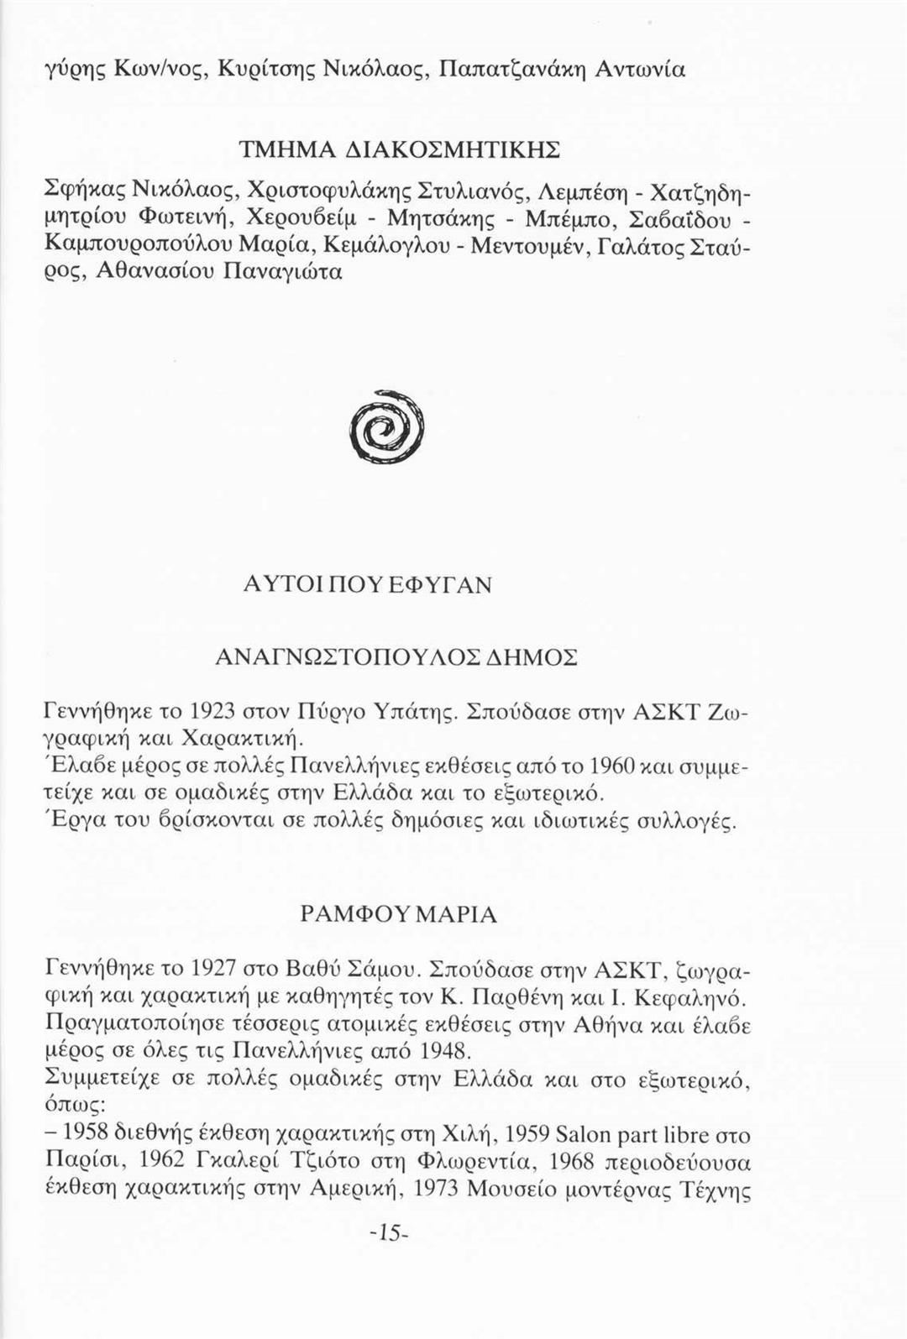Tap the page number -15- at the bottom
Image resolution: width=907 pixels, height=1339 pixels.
pyautogui.click(x=387, y=1233)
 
